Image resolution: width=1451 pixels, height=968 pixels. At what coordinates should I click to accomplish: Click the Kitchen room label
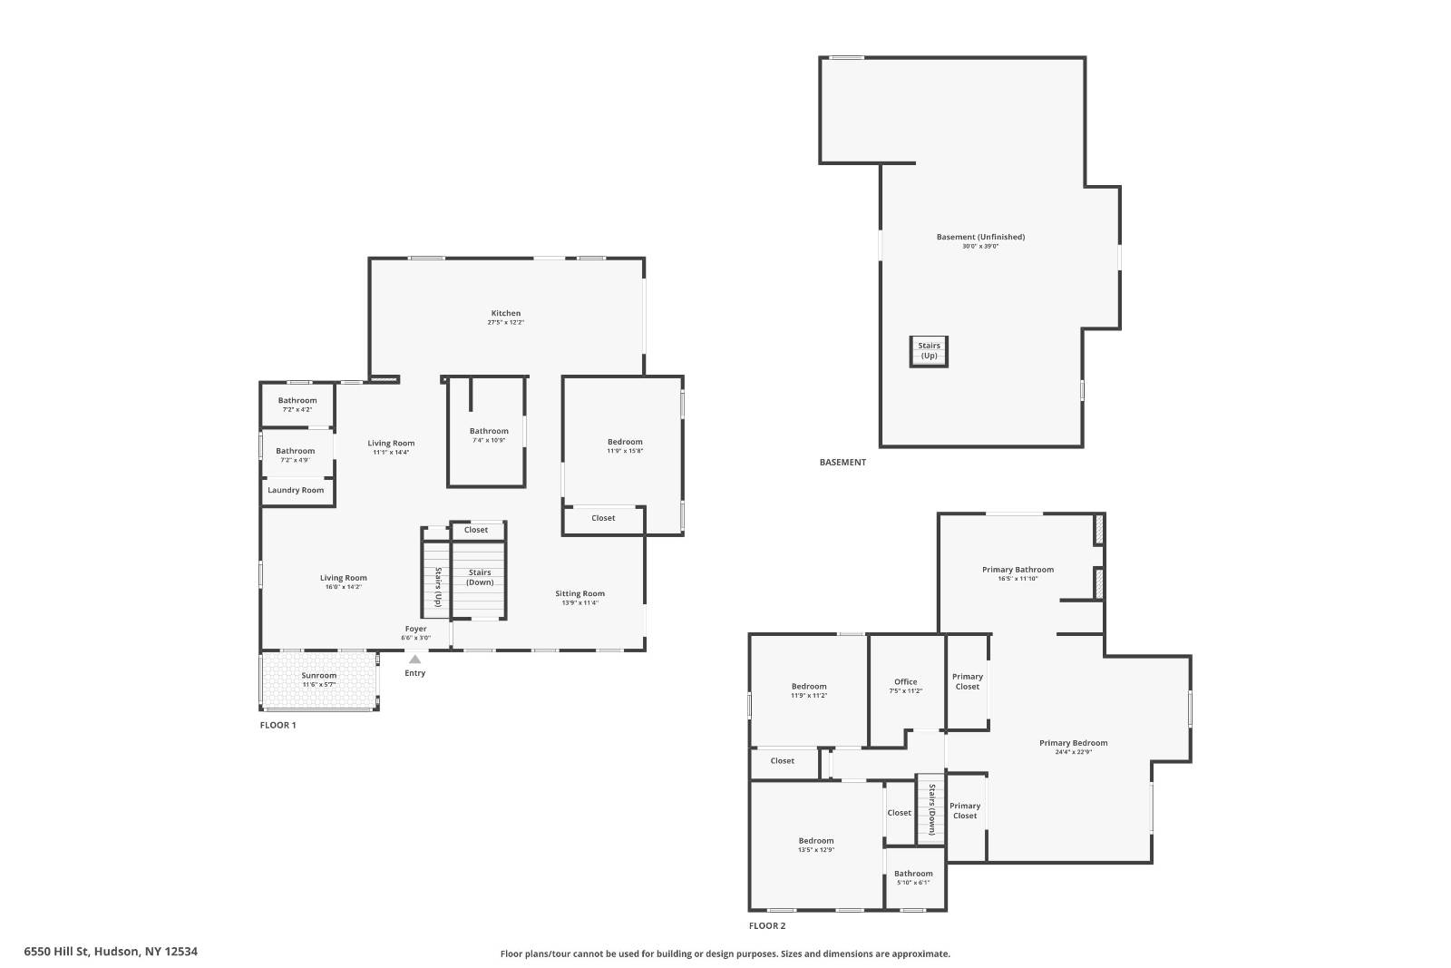pos(506,313)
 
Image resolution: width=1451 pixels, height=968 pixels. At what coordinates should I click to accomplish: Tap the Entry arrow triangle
pos(414,660)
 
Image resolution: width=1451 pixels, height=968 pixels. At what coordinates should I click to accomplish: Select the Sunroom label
pos(319,675)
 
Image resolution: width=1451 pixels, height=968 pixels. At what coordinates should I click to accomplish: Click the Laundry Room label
pos(296,490)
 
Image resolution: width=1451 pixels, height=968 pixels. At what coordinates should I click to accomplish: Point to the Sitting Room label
pos(579,593)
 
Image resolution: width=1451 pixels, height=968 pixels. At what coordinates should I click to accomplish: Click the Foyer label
pos(415,629)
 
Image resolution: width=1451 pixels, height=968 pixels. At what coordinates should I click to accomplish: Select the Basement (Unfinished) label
pos(980,237)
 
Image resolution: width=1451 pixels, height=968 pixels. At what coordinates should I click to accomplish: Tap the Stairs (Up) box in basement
pos(929,351)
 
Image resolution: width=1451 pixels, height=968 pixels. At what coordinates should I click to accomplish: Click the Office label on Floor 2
pos(905,681)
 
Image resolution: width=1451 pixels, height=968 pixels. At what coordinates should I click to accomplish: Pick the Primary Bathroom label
pos(1018,570)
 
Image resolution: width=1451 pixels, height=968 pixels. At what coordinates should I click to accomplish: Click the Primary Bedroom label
pos(1073,743)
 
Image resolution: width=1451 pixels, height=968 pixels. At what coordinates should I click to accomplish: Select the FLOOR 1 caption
pos(278,725)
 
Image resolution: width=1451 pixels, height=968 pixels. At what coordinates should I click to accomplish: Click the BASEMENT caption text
pos(842,462)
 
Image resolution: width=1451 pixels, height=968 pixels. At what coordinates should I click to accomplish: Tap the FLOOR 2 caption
pos(767,925)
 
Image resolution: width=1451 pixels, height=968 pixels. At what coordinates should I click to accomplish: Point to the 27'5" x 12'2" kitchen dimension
pos(506,322)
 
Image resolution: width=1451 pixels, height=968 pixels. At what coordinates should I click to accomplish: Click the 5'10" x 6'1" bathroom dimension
pos(913,883)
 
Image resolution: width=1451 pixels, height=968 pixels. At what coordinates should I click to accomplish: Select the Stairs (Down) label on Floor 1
pos(480,577)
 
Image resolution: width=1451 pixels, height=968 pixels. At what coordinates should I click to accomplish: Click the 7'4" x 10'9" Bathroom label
pos(489,431)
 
